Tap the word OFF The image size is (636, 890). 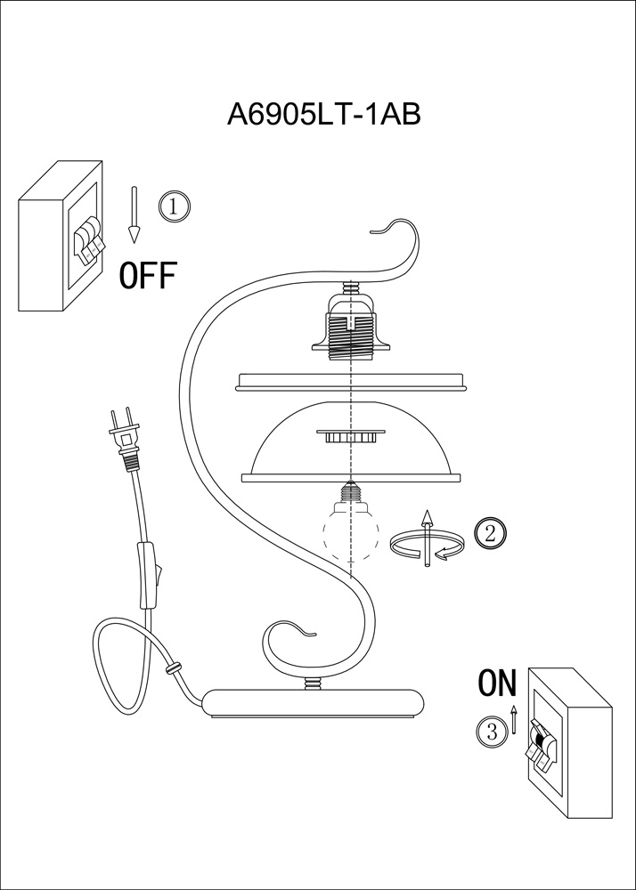click(x=148, y=277)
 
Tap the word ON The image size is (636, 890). click(x=497, y=683)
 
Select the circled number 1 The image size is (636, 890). click(x=175, y=206)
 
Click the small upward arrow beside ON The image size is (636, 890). click(x=513, y=719)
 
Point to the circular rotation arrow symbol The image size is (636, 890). click(x=427, y=542)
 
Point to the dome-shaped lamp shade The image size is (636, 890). click(x=352, y=441)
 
